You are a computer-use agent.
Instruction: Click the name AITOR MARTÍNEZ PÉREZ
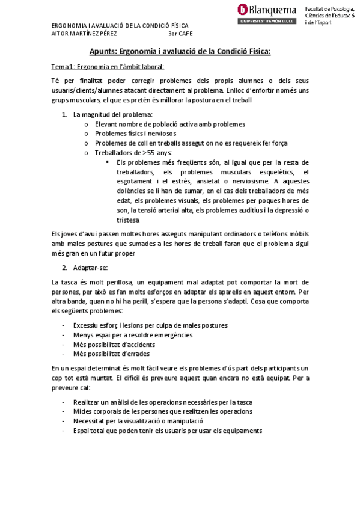coord(84,34)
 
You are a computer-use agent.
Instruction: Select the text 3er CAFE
coord(181,34)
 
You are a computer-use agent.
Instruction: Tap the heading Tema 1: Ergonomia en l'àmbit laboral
coord(107,66)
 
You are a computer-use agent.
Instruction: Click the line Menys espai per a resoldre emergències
coord(133,334)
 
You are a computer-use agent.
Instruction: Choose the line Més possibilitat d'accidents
coord(114,344)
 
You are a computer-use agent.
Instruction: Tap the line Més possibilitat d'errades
coord(111,354)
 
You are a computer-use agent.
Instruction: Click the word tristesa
coord(129,220)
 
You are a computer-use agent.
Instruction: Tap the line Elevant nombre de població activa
coord(169,123)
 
